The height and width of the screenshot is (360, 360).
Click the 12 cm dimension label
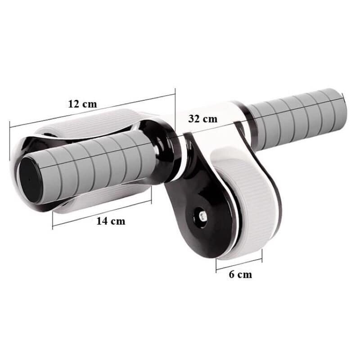82,103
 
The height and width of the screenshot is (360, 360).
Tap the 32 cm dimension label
202,119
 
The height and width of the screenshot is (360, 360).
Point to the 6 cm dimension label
240,274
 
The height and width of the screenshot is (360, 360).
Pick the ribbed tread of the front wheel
250,207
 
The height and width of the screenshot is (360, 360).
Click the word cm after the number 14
118,221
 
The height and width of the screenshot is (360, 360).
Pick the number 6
232,274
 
